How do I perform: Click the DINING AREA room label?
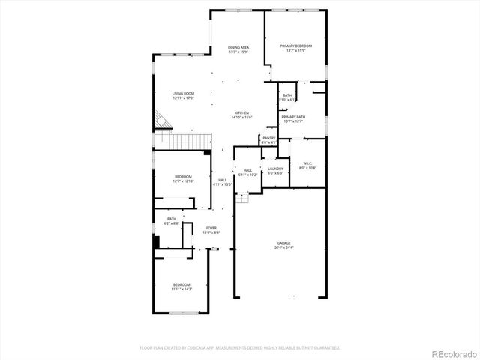[238, 47]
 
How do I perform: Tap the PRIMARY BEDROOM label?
[296, 46]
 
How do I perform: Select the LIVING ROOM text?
[184, 94]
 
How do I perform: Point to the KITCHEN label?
[241, 113]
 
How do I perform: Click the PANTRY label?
[268, 138]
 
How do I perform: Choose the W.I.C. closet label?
[307, 163]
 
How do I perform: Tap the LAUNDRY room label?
[275, 169]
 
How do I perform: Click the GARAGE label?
[283, 243]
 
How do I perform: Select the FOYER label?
[211, 228]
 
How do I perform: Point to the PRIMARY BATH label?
[293, 117]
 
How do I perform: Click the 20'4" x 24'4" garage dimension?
[283, 247]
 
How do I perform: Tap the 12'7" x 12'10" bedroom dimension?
[184, 181]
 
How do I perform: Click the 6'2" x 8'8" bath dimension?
[172, 223]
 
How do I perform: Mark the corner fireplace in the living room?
[161, 119]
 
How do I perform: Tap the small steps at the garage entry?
[242, 196]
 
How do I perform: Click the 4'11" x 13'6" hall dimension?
[223, 184]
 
